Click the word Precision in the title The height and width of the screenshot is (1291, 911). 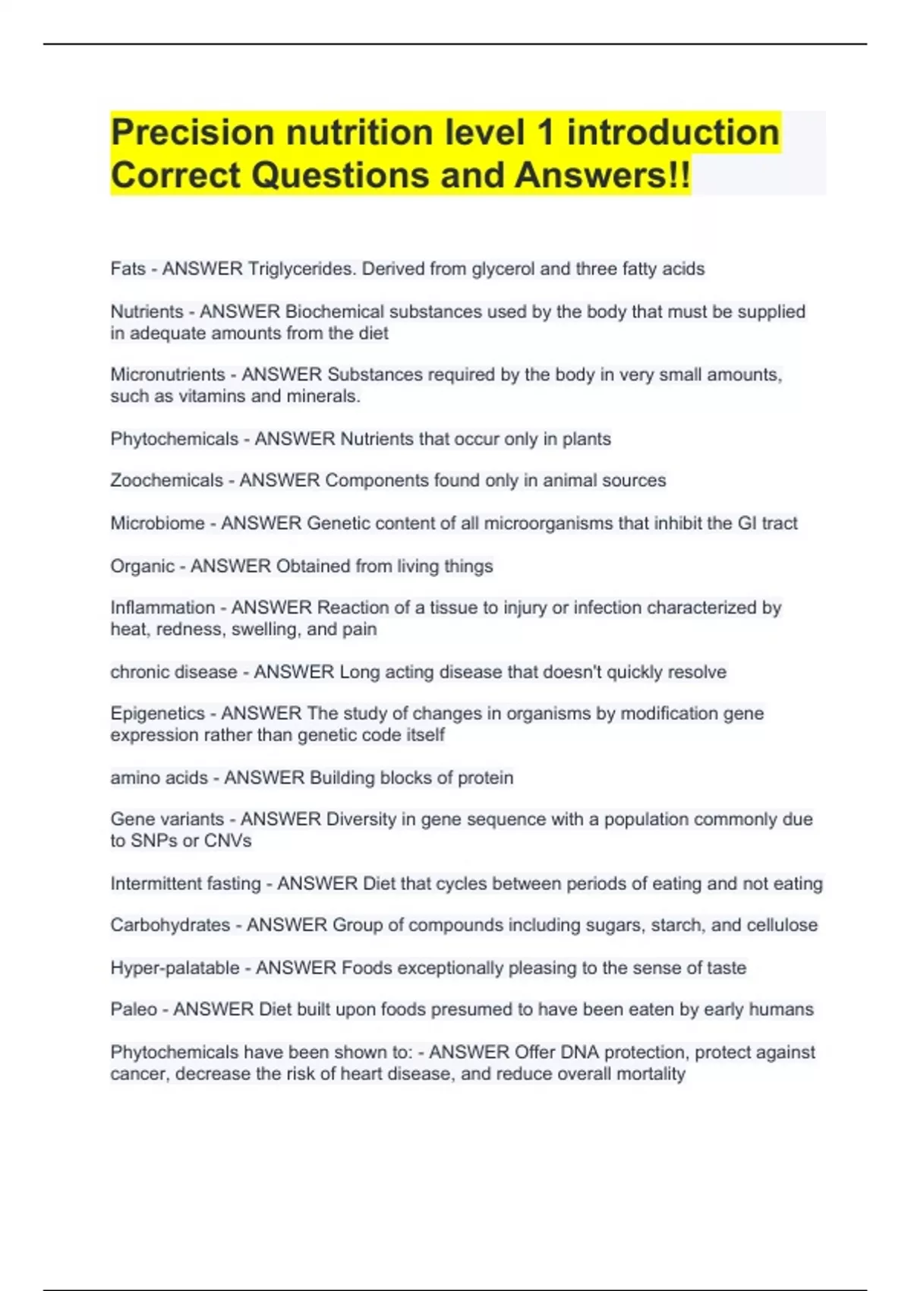pyautogui.click(x=192, y=133)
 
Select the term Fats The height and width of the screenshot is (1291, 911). pyautogui.click(x=128, y=269)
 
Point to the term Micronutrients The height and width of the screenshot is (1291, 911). pyautogui.click(x=168, y=374)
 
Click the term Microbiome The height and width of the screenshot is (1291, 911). pyautogui.click(x=157, y=523)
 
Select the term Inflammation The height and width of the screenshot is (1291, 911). pyautogui.click(x=162, y=608)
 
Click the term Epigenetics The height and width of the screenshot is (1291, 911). pyautogui.click(x=157, y=714)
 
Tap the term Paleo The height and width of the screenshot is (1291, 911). pyautogui.click(x=134, y=1009)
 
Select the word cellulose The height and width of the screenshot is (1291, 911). pyautogui.click(x=782, y=925)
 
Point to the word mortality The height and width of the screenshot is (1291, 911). pyautogui.click(x=648, y=1074)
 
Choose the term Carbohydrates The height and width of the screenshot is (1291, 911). pyautogui.click(x=170, y=925)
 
